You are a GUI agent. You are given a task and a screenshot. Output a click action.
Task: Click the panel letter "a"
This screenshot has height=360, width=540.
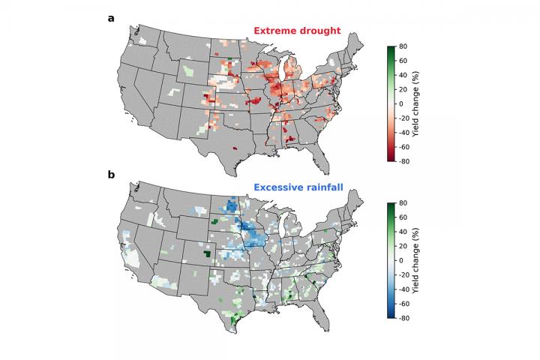coord(111,18)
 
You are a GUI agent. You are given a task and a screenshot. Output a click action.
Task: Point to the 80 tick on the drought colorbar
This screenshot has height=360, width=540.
coord(403,46)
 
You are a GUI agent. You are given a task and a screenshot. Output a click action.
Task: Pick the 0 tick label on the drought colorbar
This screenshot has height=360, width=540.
coord(401,103)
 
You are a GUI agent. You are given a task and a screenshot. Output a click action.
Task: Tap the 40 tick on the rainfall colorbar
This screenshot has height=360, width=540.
coord(403,232)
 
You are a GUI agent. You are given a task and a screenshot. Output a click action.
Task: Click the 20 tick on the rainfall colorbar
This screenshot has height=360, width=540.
coord(403,246)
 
